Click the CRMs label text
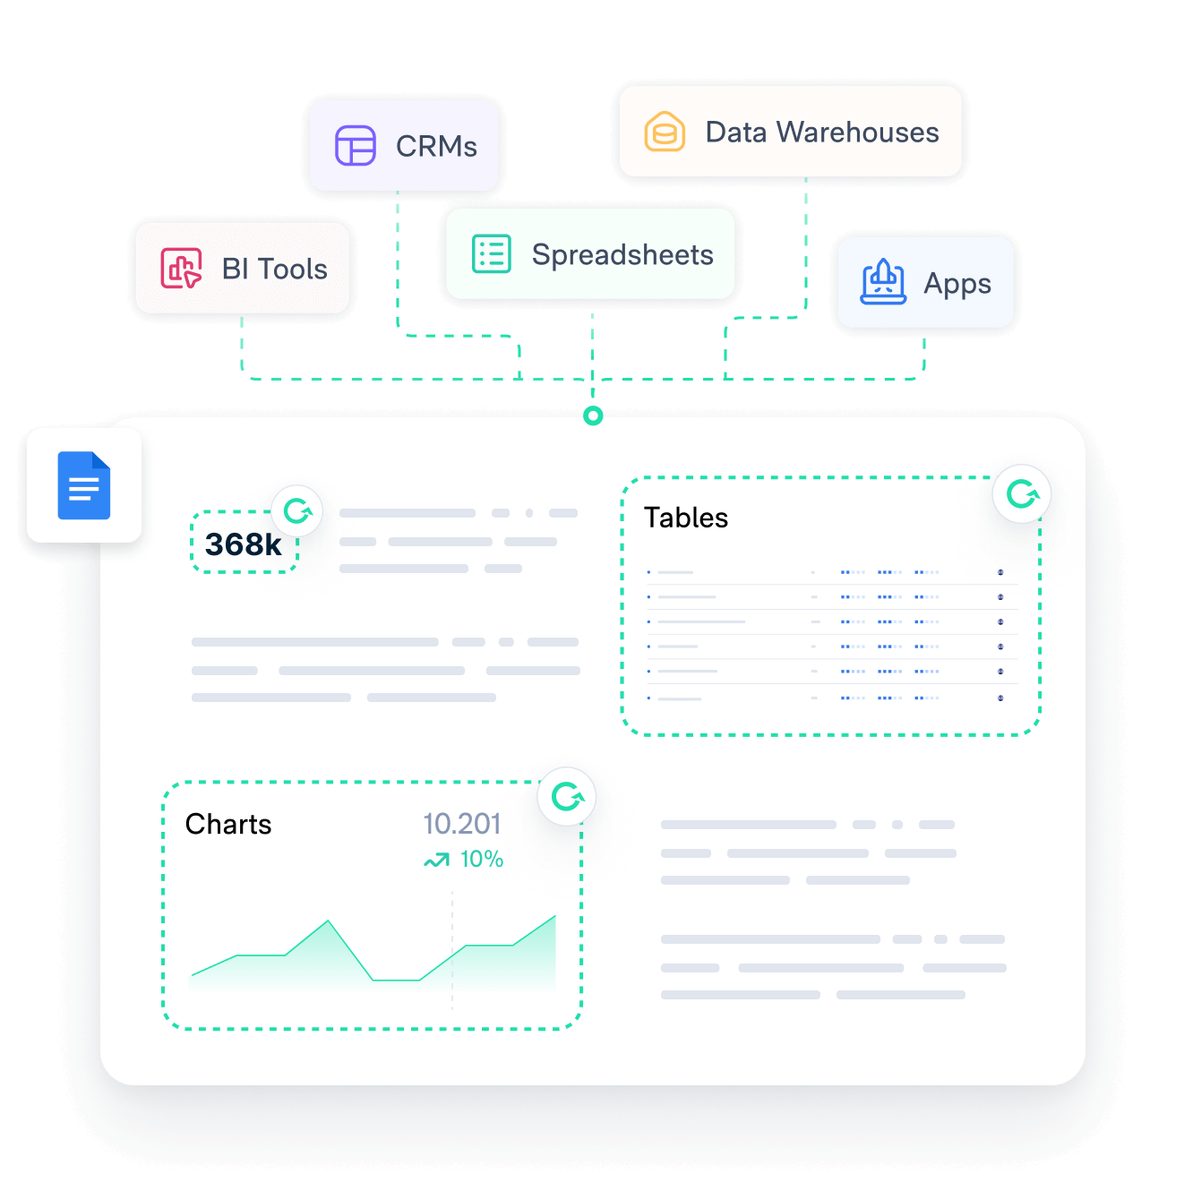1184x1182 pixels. click(436, 146)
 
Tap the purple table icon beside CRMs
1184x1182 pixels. click(356, 146)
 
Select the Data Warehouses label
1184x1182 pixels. click(822, 133)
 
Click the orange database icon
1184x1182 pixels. click(665, 133)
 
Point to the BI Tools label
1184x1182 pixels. click(274, 269)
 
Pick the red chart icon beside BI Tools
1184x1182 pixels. click(181, 269)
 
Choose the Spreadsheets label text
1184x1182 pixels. click(622, 255)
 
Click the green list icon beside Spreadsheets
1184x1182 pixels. click(492, 254)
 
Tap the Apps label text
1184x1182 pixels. click(957, 284)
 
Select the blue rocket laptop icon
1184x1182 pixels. click(883, 283)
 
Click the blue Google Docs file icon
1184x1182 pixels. click(84, 486)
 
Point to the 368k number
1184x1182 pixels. click(243, 544)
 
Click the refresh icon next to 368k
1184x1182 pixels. click(297, 511)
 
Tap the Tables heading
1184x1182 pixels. click(686, 518)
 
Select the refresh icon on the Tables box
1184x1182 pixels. click(1022, 493)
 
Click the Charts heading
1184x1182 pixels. click(228, 824)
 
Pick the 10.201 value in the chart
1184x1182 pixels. click(461, 824)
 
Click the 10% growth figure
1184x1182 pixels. click(481, 860)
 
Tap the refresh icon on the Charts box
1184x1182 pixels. click(567, 796)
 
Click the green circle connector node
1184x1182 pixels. click(593, 415)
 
